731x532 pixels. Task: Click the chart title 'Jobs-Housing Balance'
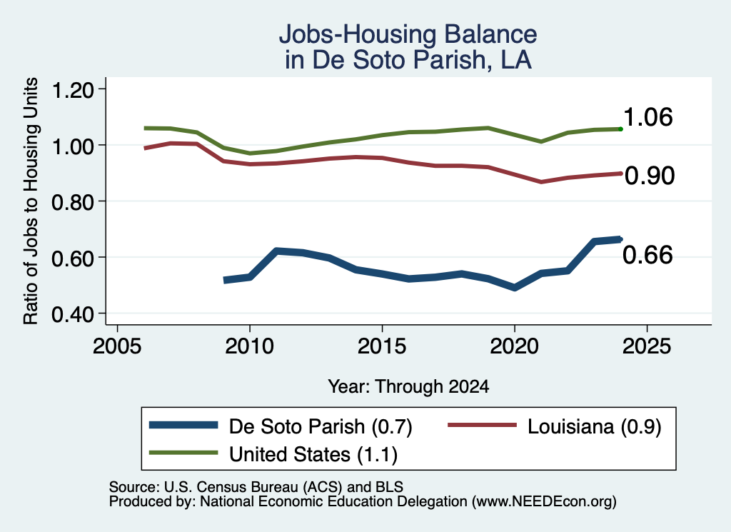click(x=408, y=34)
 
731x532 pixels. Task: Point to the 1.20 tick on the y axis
click(x=72, y=89)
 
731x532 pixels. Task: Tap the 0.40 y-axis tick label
click(x=72, y=314)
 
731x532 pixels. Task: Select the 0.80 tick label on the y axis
click(x=72, y=202)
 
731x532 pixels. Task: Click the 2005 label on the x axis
click(x=118, y=346)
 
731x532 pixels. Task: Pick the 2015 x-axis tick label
click(x=382, y=346)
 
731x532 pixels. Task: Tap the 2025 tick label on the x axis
click(x=647, y=346)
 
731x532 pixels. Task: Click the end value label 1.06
click(x=647, y=116)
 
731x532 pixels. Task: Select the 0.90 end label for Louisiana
click(x=650, y=176)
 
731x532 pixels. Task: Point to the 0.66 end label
click(x=647, y=255)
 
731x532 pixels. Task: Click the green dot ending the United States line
click(x=620, y=129)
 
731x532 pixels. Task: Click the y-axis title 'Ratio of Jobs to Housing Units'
click(x=30, y=201)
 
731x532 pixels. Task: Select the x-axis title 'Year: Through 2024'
click(x=408, y=386)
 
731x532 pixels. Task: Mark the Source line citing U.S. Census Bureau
click(x=256, y=487)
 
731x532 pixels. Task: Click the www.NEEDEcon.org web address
click(x=544, y=502)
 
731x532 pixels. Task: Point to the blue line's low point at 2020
click(x=514, y=287)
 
